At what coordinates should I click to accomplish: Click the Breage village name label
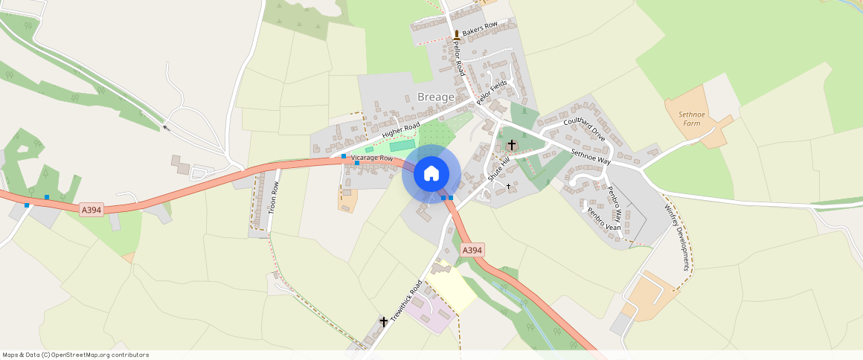436,97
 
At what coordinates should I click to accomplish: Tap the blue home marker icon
431,174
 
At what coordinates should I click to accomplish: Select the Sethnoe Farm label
693,119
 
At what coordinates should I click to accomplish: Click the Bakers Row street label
480,30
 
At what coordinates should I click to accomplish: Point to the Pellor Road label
459,59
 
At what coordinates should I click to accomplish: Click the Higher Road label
401,129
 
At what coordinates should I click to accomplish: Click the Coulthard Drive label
585,129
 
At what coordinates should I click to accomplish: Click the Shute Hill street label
498,170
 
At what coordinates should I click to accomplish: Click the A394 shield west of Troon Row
91,210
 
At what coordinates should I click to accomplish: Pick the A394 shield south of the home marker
472,251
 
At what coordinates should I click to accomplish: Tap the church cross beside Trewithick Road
384,322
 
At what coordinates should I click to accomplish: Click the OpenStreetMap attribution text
75,355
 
